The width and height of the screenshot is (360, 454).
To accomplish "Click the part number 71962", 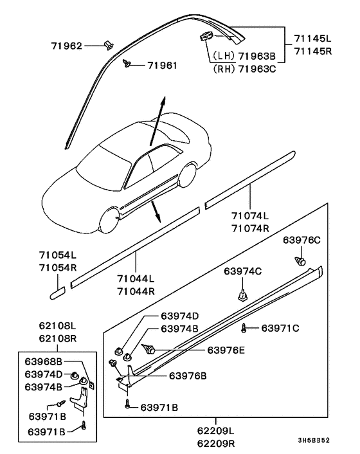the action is point(67,46).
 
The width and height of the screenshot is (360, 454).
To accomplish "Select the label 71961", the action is point(163,66).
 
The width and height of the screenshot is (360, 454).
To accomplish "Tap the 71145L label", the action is point(313,39).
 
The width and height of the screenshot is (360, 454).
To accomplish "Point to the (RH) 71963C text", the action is point(244,69).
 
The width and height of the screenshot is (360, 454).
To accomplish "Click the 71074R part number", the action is point(250,228).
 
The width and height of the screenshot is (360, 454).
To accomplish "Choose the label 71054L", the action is point(58,255).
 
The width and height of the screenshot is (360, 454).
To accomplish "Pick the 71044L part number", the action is point(136,278).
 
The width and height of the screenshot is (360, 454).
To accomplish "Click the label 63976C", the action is point(301,240).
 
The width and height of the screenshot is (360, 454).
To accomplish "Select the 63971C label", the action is point(280,328).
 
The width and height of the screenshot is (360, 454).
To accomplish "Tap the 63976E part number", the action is point(226,350).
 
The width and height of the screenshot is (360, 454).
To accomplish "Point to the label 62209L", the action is point(216,431).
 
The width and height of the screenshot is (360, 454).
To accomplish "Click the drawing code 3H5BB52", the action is point(314,440).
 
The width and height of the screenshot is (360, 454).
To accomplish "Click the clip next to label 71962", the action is point(108,45).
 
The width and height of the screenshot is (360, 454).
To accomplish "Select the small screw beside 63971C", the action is point(244,328).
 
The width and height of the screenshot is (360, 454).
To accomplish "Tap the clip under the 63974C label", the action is point(242,296).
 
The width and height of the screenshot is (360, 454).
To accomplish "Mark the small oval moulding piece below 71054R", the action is point(58,293).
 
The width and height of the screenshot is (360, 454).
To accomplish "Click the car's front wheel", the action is point(109,220).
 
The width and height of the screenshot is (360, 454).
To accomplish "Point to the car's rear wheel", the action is point(187,175).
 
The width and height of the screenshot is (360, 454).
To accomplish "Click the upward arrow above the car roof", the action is point(157,121).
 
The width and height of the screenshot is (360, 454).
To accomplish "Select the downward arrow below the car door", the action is point(156,212).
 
